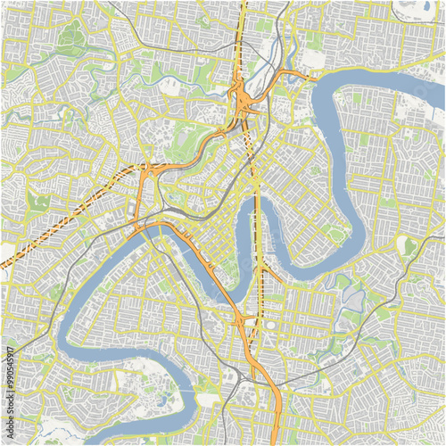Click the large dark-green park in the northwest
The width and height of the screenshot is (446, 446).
click(71, 37)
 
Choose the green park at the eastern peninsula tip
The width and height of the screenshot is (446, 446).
click(335, 235)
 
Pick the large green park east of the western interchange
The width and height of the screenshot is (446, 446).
click(183, 143)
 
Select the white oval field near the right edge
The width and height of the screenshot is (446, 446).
click(409, 245)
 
